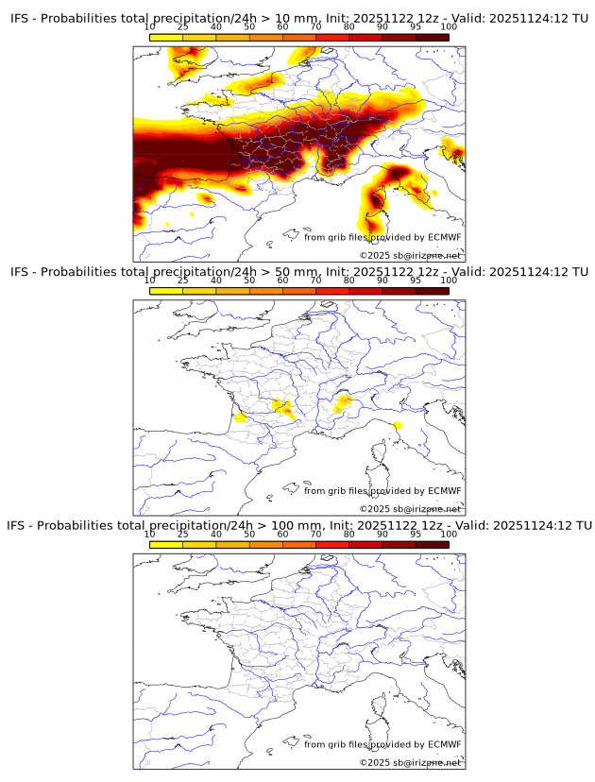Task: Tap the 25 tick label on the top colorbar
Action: (x=182, y=26)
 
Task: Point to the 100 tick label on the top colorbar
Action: (x=449, y=26)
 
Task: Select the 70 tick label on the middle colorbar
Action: (x=315, y=280)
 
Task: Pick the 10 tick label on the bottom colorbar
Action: (x=149, y=534)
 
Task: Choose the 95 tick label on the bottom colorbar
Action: (x=416, y=534)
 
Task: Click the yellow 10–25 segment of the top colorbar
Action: (x=165, y=37)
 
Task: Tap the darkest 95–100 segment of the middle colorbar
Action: (x=432, y=291)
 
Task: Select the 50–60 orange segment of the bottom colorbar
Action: (x=265, y=545)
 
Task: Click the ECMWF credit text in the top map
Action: (x=382, y=237)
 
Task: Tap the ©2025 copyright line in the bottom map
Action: (x=410, y=762)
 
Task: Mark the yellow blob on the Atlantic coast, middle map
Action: (x=241, y=416)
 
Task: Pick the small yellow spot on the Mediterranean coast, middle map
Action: (x=397, y=426)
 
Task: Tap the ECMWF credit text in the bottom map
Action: (x=382, y=744)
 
